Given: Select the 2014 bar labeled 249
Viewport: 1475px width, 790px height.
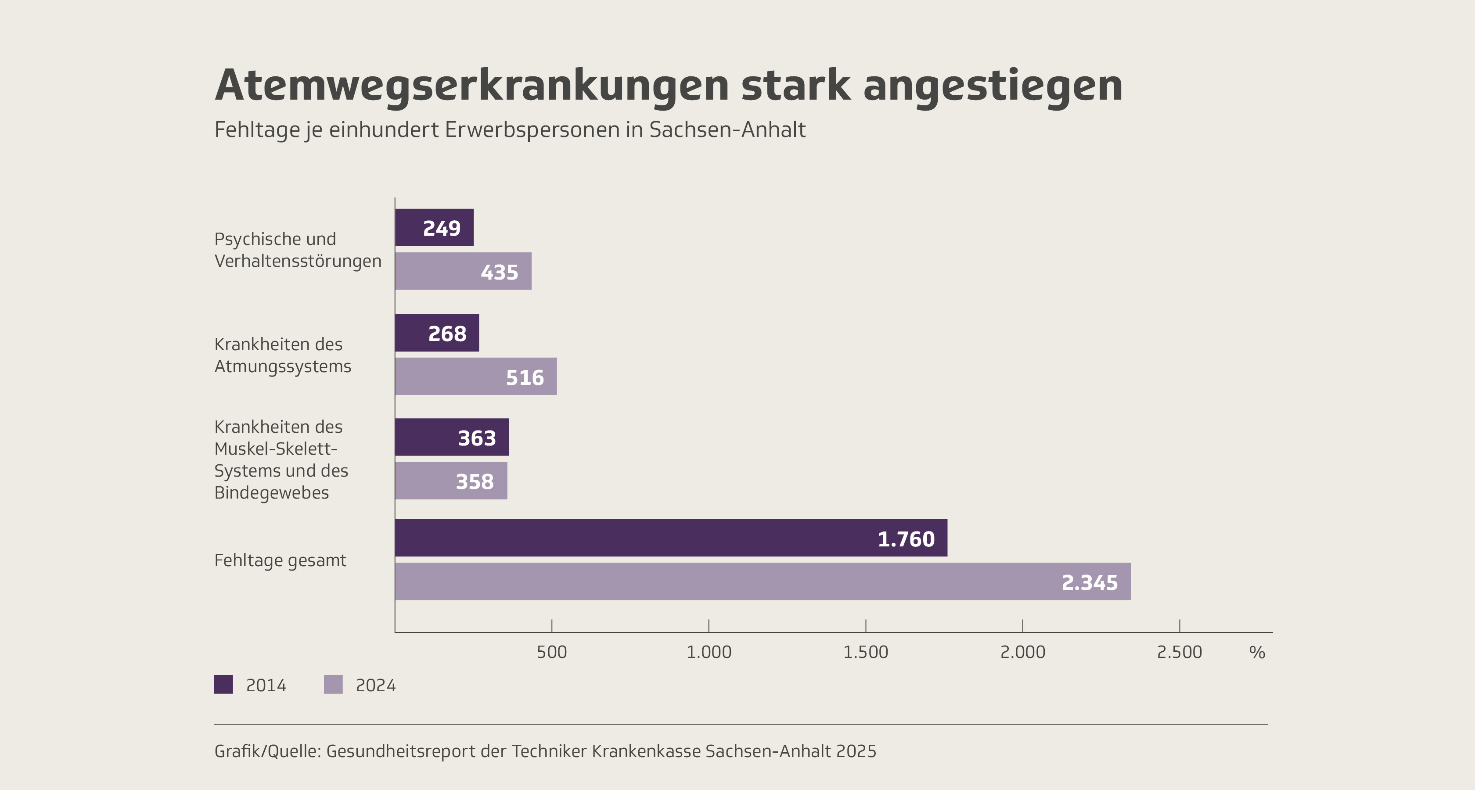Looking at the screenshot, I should click(x=434, y=228).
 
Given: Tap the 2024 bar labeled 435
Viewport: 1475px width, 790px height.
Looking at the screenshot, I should click(x=463, y=271).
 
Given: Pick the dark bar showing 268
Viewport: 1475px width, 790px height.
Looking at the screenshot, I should click(x=436, y=333).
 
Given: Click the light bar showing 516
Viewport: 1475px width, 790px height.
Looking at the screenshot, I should click(x=475, y=377).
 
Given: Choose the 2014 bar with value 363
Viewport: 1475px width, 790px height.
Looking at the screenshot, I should click(x=451, y=438).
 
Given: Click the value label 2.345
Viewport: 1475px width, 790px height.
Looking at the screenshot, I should click(x=1089, y=582).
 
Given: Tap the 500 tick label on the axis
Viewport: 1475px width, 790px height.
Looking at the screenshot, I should click(x=551, y=652).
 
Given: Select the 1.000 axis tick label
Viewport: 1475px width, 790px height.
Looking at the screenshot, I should click(x=709, y=652).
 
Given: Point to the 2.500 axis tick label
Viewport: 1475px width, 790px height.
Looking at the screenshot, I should click(x=1179, y=652).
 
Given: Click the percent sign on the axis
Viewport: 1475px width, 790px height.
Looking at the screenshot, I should click(x=1257, y=652).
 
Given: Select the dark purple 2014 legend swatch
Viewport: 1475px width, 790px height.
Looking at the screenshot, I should click(x=223, y=685).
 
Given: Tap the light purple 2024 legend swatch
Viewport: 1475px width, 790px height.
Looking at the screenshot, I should click(x=333, y=685).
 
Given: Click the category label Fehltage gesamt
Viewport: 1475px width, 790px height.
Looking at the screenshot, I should click(x=280, y=560).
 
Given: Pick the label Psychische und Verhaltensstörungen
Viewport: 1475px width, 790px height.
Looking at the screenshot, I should click(x=297, y=250).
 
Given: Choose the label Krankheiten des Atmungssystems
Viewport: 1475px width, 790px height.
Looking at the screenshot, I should click(x=282, y=355).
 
